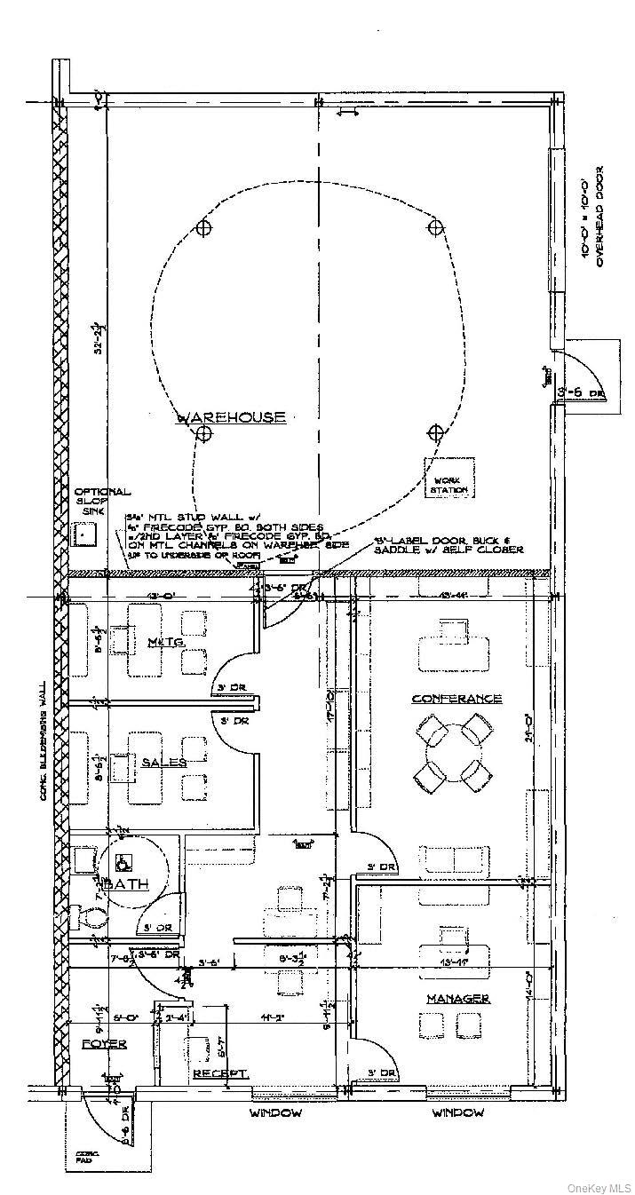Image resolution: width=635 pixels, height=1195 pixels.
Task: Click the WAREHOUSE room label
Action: click(x=233, y=416)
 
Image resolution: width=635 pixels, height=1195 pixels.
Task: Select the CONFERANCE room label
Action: click(x=456, y=699)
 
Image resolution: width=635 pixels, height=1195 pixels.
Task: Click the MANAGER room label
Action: click(x=457, y=999)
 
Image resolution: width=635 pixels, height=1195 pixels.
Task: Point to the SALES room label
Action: click(x=164, y=763)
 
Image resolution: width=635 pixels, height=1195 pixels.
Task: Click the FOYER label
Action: click(x=104, y=1044)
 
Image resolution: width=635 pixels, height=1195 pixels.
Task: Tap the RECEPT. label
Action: click(x=220, y=1073)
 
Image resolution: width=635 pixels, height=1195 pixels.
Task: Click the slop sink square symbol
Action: click(x=86, y=534)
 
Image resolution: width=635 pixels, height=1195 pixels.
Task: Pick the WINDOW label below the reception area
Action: click(x=275, y=1112)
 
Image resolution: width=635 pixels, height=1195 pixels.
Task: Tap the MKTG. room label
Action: click(x=165, y=641)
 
